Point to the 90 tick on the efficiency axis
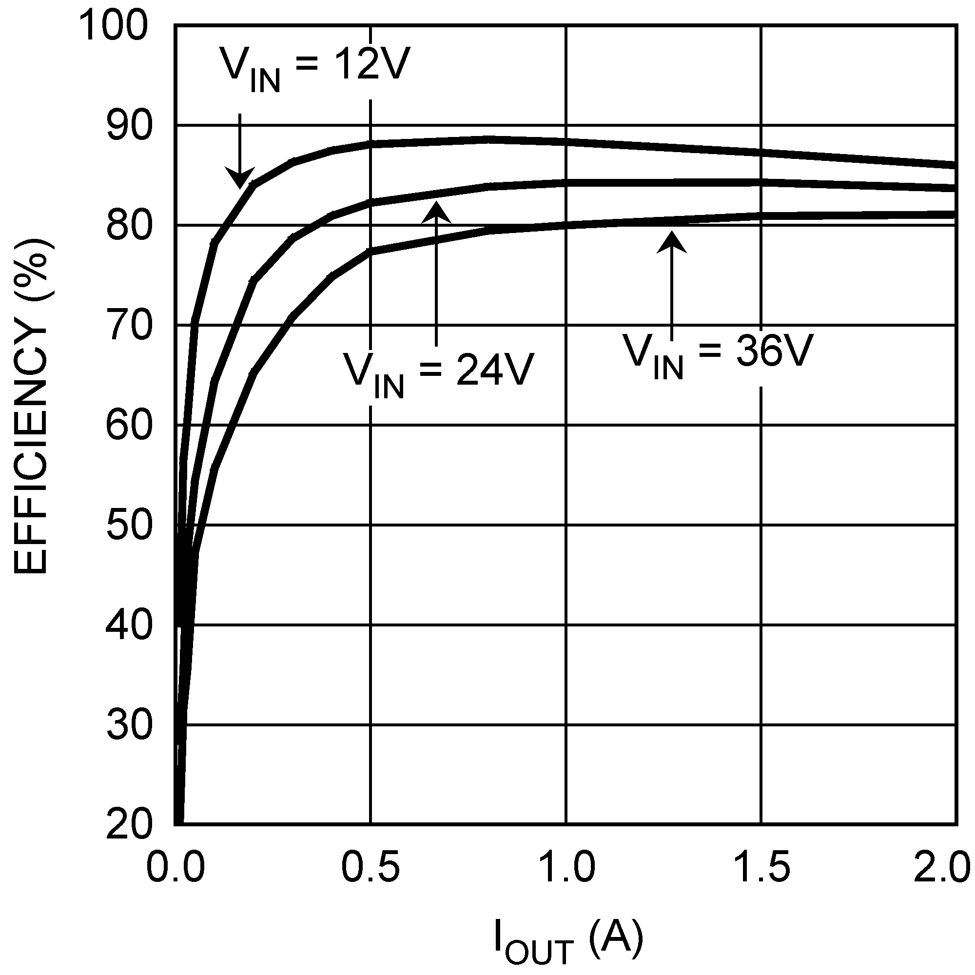pyautogui.click(x=129, y=126)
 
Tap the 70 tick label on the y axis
pyautogui.click(x=129, y=326)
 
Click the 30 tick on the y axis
pyautogui.click(x=129, y=725)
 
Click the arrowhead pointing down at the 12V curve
pyautogui.click(x=239, y=179)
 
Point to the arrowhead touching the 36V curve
pyautogui.click(x=671, y=241)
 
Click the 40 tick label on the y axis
pyautogui.click(x=129, y=625)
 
